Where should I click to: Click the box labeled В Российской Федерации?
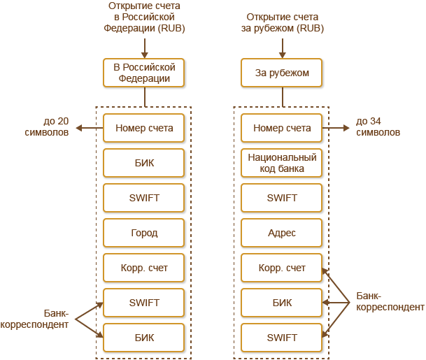pos(144,72)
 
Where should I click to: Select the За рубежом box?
pos(282,72)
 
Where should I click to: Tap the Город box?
pos(144,233)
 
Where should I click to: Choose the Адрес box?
pos(282,233)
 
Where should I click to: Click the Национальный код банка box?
pos(282,163)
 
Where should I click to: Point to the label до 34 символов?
pos(378,126)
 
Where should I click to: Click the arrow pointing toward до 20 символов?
pos(88,128)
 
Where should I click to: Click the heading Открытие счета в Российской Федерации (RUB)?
pos(144,17)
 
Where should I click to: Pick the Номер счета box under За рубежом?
pos(282,128)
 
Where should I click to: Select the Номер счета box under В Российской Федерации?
pos(144,128)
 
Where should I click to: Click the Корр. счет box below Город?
pos(144,268)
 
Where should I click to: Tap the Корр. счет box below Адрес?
pos(282,268)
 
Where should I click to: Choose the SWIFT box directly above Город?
pos(144,198)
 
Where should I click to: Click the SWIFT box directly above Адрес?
pos(282,198)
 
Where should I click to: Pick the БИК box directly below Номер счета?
pos(144,163)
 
